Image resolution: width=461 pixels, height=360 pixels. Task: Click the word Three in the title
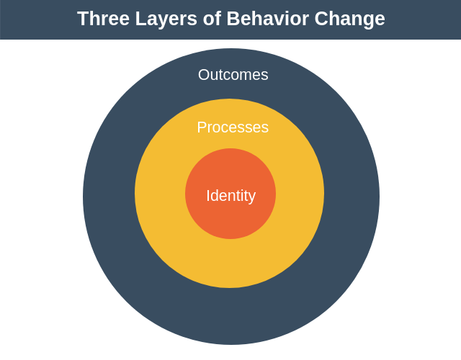point(103,19)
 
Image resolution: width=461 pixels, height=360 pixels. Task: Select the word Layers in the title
point(166,20)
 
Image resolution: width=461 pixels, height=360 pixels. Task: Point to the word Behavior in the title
point(268,19)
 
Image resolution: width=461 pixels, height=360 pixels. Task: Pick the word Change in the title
point(349,20)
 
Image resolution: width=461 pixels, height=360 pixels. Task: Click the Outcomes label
point(233,75)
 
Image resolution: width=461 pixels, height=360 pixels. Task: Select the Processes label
point(233,127)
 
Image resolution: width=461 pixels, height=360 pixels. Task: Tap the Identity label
point(231,197)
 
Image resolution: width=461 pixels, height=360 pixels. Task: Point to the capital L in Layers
point(140,19)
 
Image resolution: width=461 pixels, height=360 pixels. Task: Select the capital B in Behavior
point(233,19)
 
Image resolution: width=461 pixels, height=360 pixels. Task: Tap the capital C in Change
point(321,19)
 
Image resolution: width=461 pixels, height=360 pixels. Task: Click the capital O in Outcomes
point(204,75)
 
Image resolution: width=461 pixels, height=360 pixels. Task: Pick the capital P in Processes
point(202,127)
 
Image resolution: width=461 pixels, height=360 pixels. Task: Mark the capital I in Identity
point(207,195)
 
